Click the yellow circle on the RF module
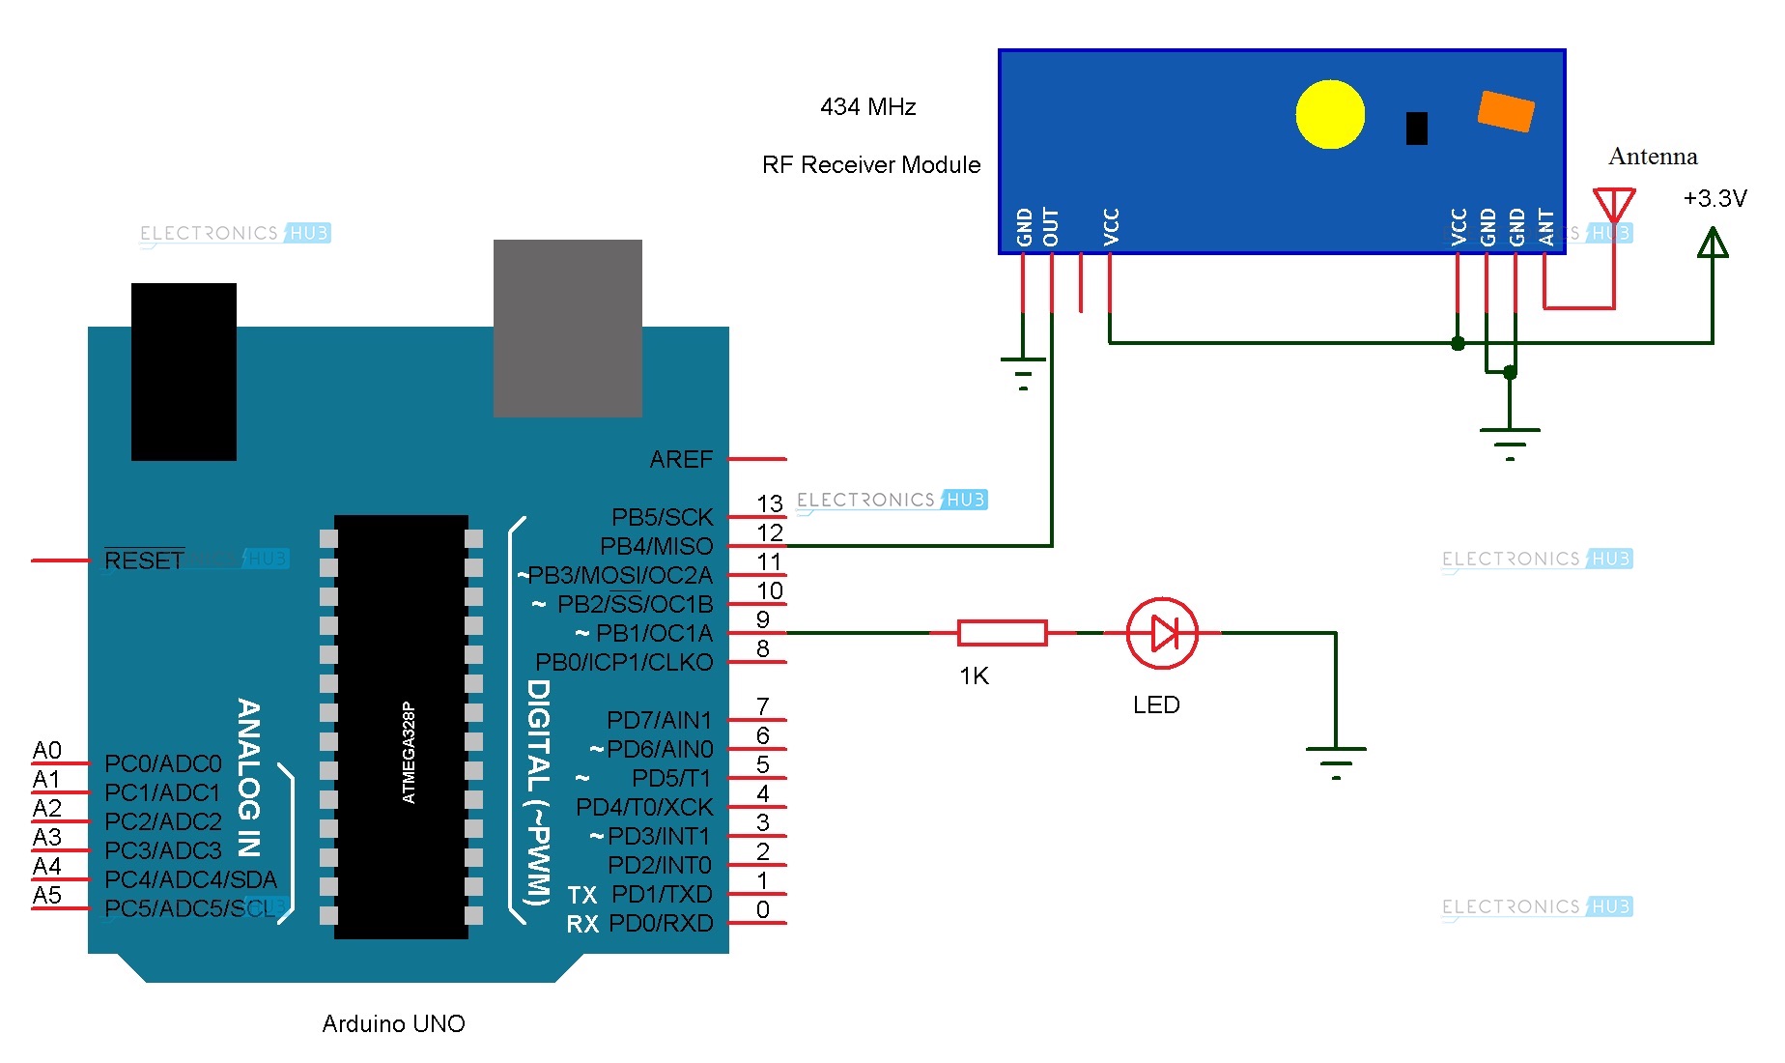(1330, 114)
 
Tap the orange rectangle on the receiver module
(1505, 111)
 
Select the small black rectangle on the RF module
(1416, 128)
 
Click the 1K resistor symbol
(1002, 633)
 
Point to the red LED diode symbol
(1163, 634)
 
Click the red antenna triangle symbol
(1614, 204)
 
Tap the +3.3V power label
(1714, 198)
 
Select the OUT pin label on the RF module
(1051, 227)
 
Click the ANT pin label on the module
(1546, 227)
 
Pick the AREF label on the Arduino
(681, 459)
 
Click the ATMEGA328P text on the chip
(409, 752)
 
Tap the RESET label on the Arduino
(144, 560)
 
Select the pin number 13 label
(769, 503)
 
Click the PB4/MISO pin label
(656, 546)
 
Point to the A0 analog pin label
(46, 750)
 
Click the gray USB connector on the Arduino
(567, 329)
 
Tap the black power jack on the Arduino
(184, 371)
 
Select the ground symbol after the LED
(1336, 760)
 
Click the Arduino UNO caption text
(393, 1023)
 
